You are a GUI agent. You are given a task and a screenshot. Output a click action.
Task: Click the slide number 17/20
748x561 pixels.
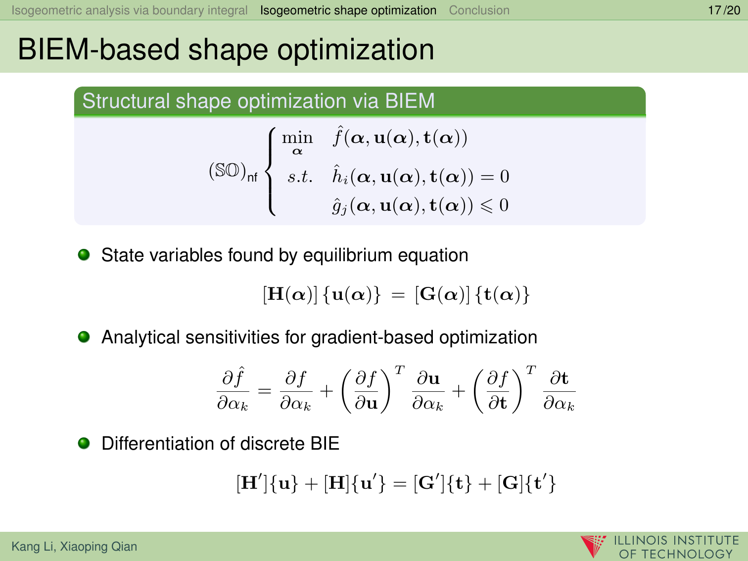click(724, 10)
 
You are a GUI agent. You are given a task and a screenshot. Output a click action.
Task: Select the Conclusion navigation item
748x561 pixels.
click(479, 10)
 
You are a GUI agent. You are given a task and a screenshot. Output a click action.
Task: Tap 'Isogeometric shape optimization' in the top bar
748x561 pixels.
click(348, 10)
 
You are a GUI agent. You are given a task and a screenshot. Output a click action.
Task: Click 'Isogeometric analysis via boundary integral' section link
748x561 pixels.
click(130, 10)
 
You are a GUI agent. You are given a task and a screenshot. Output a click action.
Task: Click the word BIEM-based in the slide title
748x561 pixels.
click(98, 50)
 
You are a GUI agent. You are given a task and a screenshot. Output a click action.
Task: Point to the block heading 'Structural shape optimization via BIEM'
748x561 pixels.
click(258, 101)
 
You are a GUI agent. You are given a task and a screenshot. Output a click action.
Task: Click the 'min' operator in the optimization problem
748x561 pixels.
click(297, 138)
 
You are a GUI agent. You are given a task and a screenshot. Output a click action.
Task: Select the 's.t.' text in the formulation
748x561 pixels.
click(300, 177)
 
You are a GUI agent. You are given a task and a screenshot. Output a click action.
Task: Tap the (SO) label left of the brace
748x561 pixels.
click(233, 172)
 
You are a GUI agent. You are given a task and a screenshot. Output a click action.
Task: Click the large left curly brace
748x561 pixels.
click(271, 171)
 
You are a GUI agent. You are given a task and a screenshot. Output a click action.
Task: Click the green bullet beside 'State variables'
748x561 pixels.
click(84, 254)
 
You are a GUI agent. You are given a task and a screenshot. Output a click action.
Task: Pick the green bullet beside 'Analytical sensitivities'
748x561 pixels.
click(84, 336)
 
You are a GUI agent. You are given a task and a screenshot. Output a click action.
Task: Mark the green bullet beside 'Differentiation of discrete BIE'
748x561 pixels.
click(84, 443)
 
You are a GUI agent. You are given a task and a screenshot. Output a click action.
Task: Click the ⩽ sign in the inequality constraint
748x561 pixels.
click(487, 206)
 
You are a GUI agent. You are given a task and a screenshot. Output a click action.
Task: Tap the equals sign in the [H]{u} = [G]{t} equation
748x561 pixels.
click(398, 295)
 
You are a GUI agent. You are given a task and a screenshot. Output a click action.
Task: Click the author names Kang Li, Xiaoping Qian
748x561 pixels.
click(74, 546)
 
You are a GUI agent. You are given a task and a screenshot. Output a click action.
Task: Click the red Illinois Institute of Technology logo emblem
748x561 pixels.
click(593, 546)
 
